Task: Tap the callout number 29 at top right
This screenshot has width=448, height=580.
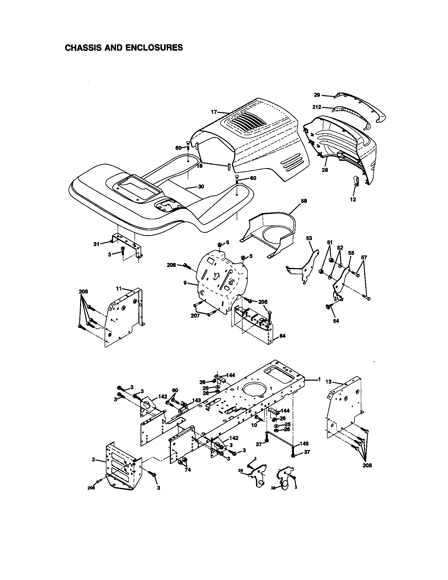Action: (x=317, y=95)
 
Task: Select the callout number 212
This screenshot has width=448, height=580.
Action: (x=316, y=107)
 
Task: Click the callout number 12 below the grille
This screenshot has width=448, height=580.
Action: (x=353, y=200)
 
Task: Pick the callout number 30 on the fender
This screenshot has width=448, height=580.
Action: (x=201, y=186)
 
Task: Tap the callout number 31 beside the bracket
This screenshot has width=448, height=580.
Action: (x=96, y=244)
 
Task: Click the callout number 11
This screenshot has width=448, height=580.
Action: (x=119, y=288)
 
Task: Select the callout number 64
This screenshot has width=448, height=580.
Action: (x=283, y=336)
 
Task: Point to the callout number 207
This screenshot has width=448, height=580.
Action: (x=195, y=316)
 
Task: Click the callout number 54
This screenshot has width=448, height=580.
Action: (x=336, y=321)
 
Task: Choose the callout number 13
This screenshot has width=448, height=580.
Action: (x=329, y=382)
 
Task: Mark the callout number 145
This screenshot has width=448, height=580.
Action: (x=304, y=443)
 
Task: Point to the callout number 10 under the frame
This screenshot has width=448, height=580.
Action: (x=254, y=425)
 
